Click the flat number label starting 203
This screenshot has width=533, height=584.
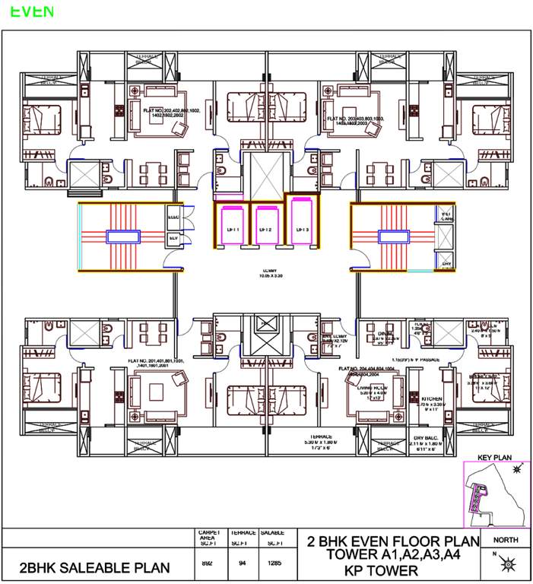tap(356, 121)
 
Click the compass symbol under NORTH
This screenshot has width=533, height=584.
tap(507, 564)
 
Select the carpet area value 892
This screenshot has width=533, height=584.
tap(208, 563)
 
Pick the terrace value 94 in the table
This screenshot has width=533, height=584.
tap(243, 563)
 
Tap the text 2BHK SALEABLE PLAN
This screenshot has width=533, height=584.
tap(94, 568)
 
